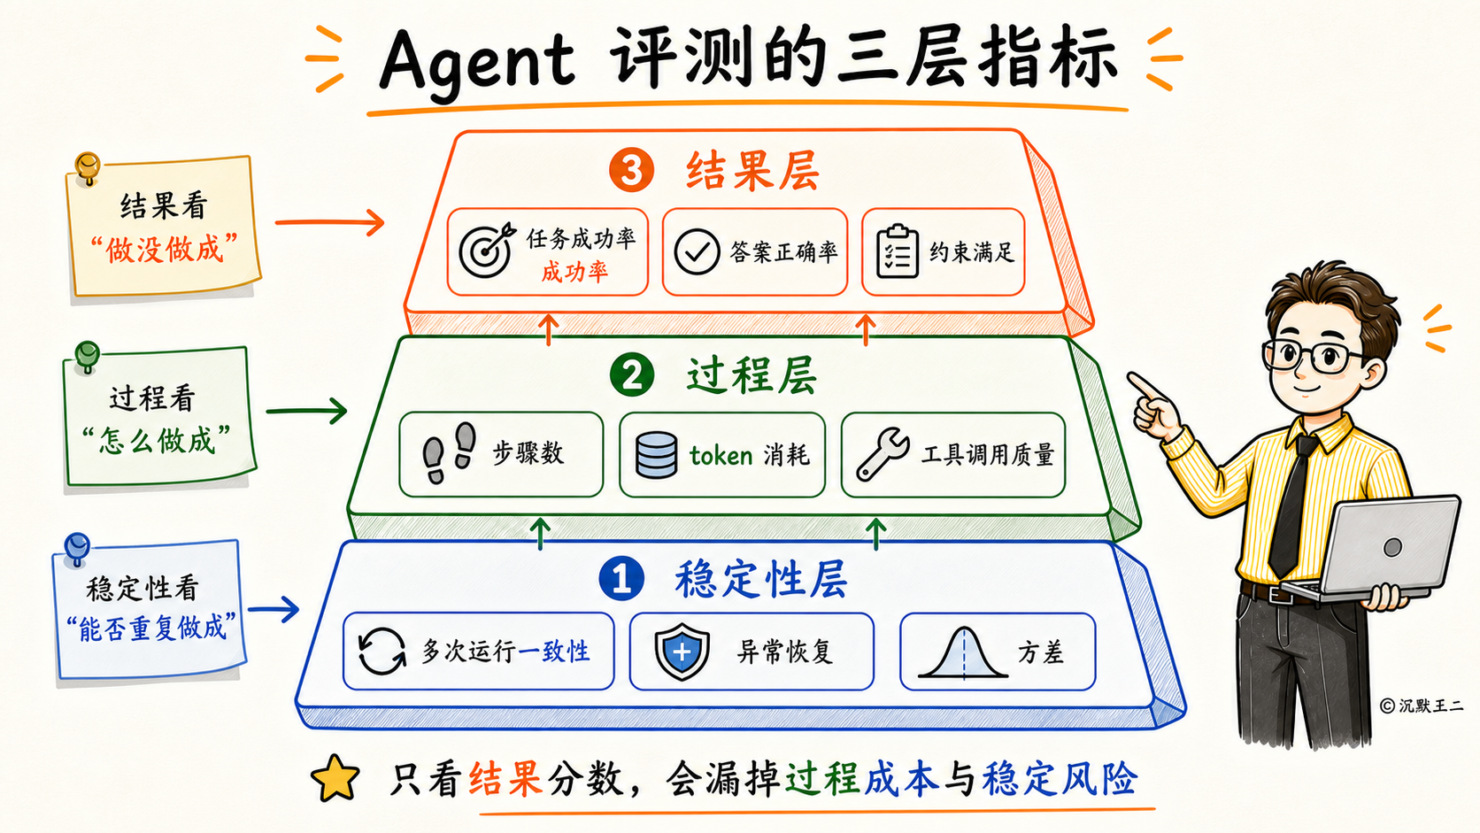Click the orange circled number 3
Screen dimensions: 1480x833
pos(632,170)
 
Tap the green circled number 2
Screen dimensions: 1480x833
pos(632,374)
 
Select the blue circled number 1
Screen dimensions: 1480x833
pos(621,579)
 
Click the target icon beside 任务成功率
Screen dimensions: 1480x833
pos(486,251)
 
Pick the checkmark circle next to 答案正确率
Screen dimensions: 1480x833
pos(697,251)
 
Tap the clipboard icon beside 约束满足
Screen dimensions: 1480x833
pos(897,251)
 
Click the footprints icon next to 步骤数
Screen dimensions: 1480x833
pos(450,452)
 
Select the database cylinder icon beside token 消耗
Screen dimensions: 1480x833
pos(655,454)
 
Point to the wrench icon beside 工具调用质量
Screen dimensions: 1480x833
pos(882,453)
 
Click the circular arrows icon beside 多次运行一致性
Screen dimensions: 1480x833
pos(382,652)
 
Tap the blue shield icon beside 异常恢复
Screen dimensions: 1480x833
pos(682,652)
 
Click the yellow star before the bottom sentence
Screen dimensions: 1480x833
pos(335,778)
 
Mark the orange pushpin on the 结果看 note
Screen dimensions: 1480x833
pos(88,168)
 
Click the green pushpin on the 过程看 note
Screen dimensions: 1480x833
pos(87,358)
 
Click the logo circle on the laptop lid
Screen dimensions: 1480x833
pos(1392,547)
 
